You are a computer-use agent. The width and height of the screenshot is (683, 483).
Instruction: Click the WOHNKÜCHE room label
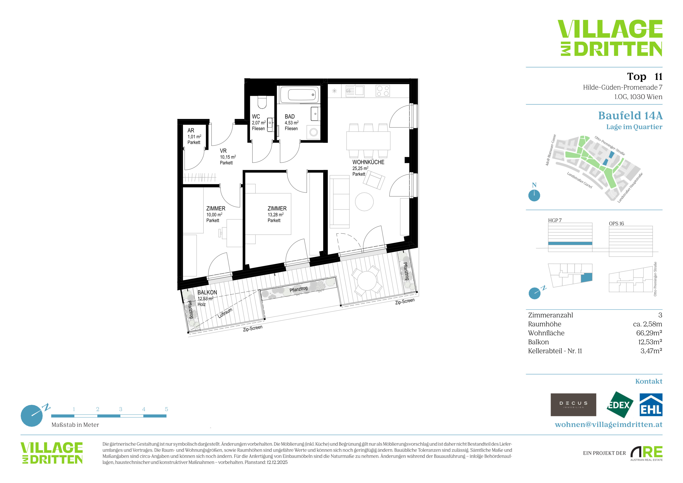pyautogui.click(x=368, y=162)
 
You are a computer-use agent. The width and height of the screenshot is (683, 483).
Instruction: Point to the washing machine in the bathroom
pyautogui.click(x=314, y=132)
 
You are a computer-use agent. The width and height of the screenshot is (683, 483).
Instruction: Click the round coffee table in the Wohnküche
pyautogui.click(x=364, y=202)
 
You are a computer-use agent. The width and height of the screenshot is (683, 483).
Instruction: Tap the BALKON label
pyautogui.click(x=207, y=292)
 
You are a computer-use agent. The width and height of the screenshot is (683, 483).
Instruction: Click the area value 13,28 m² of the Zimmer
pyautogui.click(x=276, y=214)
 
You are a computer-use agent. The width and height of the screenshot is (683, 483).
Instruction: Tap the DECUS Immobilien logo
pyautogui.click(x=573, y=405)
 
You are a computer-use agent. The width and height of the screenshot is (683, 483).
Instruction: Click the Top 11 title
pyautogui.click(x=645, y=76)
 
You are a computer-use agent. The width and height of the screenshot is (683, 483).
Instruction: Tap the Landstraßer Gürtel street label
pyautogui.click(x=580, y=180)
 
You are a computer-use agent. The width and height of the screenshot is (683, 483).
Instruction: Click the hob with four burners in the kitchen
pyautogui.click(x=383, y=91)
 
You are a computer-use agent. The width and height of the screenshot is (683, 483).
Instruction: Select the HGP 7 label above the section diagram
pyautogui.click(x=555, y=220)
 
